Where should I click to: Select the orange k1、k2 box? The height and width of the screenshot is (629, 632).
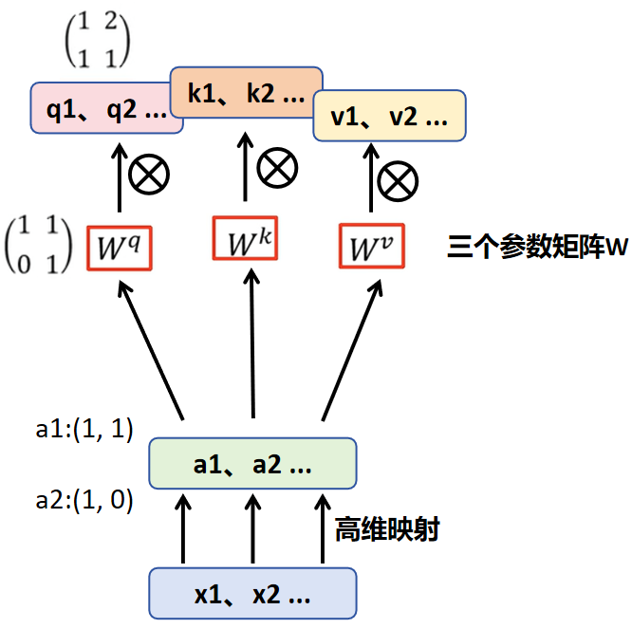tap(247, 92)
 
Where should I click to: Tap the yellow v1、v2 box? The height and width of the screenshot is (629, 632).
tap(389, 116)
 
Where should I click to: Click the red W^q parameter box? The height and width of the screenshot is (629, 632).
tap(120, 249)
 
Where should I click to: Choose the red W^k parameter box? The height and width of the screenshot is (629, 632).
tap(245, 238)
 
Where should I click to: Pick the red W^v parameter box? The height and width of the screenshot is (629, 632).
tap(372, 246)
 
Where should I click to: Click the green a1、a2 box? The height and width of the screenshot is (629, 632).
tap(252, 463)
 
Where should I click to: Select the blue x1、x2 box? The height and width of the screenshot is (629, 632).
tap(252, 593)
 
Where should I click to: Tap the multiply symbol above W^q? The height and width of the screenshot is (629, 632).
tap(149, 174)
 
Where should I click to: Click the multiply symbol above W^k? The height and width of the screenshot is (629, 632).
tap(277, 168)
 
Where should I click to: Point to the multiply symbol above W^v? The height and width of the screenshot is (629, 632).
tap(398, 181)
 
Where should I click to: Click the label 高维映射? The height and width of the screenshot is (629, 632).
tap(387, 529)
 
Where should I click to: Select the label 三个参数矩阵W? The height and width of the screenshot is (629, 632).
tap(538, 247)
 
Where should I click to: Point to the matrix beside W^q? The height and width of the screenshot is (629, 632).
tap(38, 245)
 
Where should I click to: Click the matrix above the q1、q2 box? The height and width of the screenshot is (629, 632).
tap(98, 39)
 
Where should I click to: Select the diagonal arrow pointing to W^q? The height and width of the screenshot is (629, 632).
tap(151, 351)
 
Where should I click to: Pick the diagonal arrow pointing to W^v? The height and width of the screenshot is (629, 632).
tap(352, 351)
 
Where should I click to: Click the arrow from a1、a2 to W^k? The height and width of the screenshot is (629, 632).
tap(252, 343)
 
